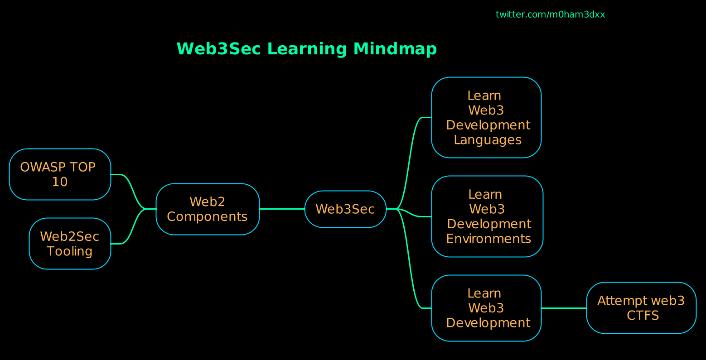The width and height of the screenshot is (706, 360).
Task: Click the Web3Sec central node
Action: point(345,209)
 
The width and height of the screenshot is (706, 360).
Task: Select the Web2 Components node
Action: point(208,209)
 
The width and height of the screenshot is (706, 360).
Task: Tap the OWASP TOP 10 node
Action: point(60,174)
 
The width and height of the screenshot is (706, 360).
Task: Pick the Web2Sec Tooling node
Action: point(70,244)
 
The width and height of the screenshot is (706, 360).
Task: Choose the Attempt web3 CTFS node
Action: point(641,308)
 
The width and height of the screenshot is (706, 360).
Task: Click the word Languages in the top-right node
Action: point(488,140)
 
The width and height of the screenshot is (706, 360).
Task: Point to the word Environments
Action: point(488,239)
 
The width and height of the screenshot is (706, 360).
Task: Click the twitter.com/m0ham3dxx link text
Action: point(550,14)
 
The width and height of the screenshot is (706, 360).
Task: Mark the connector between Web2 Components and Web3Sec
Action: point(282,209)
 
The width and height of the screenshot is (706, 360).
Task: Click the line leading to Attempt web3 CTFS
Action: point(564,308)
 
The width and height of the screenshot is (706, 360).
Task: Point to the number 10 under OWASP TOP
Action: point(60,182)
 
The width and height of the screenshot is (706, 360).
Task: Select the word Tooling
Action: point(70,251)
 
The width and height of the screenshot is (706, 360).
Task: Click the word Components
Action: point(208,217)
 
